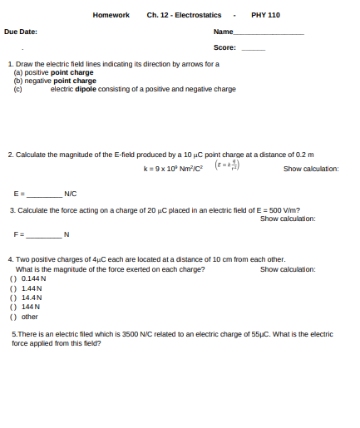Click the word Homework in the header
tap(111, 15)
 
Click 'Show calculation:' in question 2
tap(311, 169)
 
